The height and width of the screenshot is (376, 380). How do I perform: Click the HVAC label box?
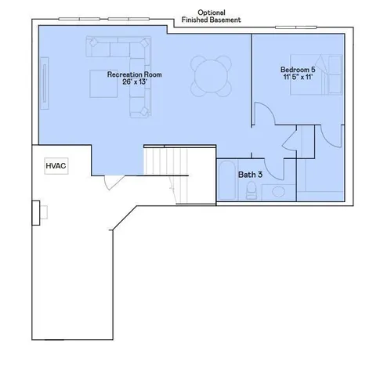(x=55, y=166)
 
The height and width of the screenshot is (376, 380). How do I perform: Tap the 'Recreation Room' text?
(x=135, y=74)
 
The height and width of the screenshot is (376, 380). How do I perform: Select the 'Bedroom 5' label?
(x=299, y=70)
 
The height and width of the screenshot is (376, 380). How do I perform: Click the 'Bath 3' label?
(x=250, y=174)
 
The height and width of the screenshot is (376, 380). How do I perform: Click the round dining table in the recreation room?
(x=212, y=76)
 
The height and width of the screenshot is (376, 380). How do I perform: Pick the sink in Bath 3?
(x=277, y=191)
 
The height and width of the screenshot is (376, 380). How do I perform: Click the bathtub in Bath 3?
(x=225, y=180)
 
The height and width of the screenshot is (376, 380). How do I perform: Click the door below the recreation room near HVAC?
(x=114, y=182)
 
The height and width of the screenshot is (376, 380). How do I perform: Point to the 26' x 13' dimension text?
(x=135, y=82)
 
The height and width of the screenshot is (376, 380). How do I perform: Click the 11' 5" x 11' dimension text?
(x=298, y=78)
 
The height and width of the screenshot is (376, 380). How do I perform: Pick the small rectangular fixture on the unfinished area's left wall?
(x=35, y=211)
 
